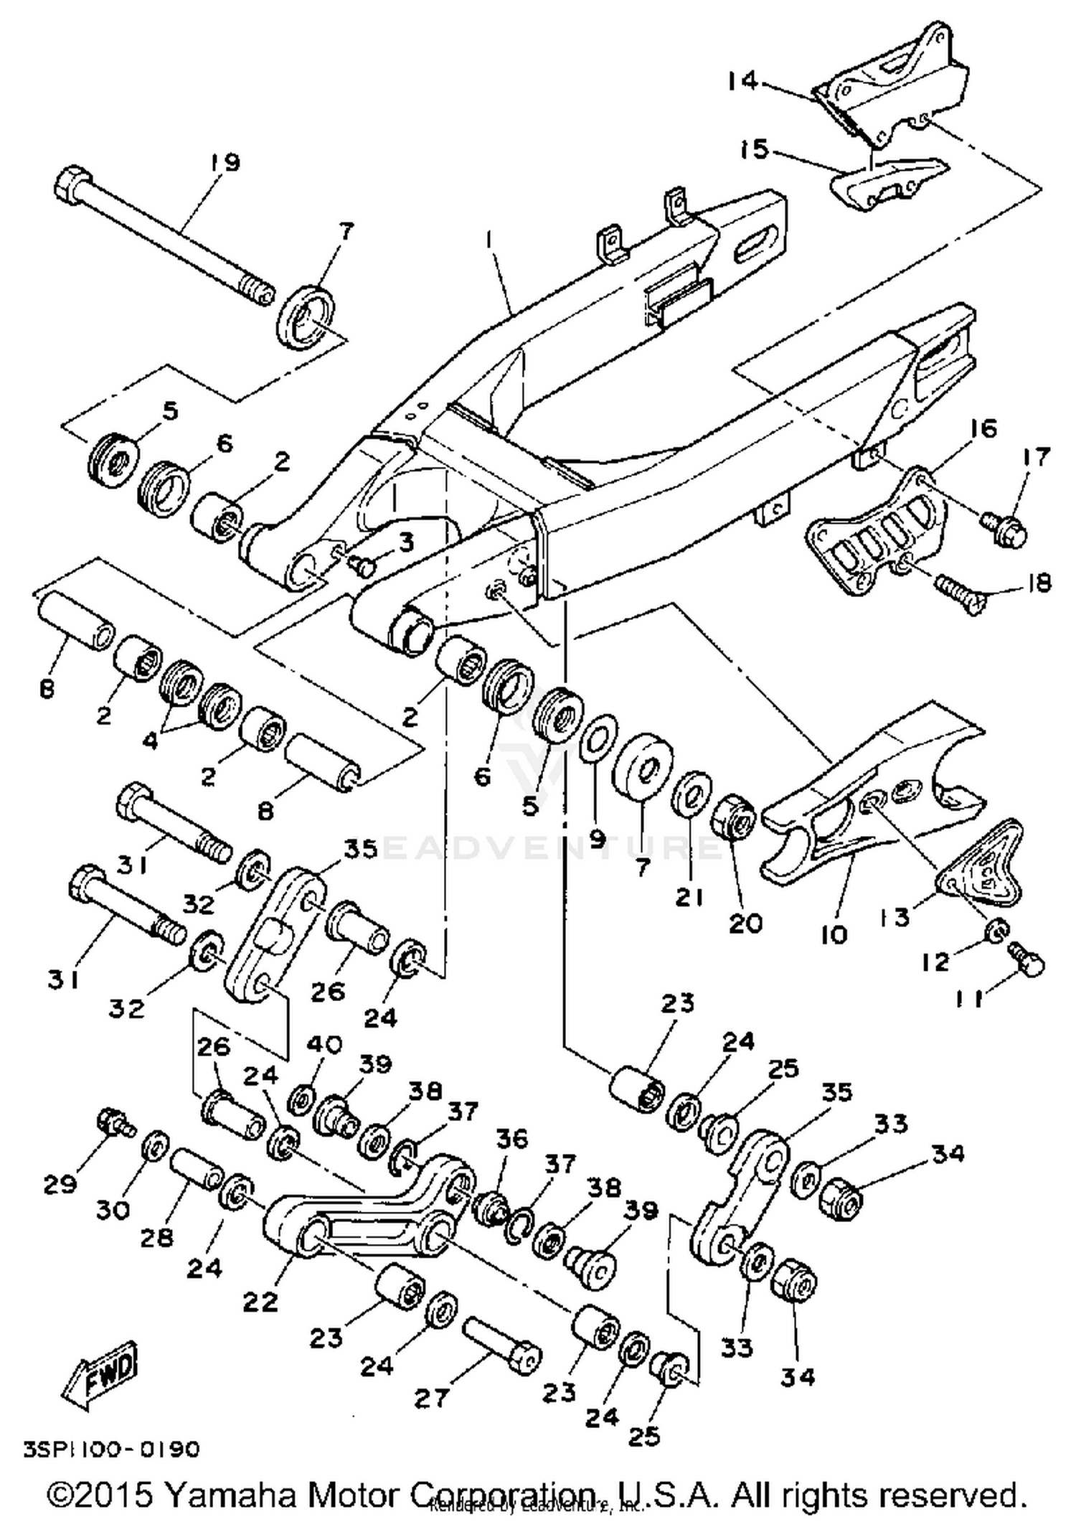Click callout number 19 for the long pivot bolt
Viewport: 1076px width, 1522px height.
pos(226,163)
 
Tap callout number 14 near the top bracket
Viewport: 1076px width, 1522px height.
pos(742,81)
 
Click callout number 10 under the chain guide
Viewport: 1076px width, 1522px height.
pos(834,934)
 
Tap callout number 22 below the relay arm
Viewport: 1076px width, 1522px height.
pos(260,1301)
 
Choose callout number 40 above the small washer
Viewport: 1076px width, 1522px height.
pos(324,1044)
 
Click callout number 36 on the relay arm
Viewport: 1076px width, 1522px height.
pos(511,1139)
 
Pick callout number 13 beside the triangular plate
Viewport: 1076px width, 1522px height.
pos(896,916)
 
